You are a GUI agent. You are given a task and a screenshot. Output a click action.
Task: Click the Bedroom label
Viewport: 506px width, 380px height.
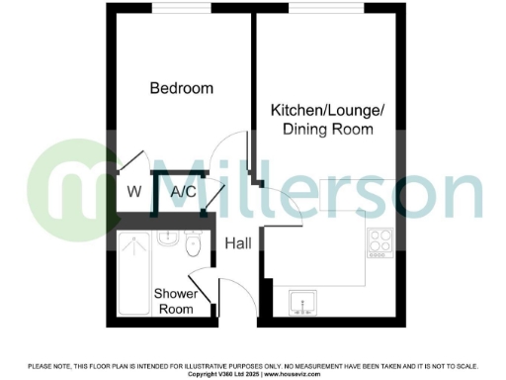(181, 89)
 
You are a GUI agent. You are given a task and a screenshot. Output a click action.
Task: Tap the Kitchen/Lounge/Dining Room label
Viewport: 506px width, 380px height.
(321, 121)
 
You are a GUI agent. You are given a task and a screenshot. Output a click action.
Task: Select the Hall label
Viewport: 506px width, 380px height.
(237, 243)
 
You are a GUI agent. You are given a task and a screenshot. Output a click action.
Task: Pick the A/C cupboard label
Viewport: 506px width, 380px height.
(183, 191)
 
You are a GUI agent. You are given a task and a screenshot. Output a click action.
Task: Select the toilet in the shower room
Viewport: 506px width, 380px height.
(195, 244)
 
